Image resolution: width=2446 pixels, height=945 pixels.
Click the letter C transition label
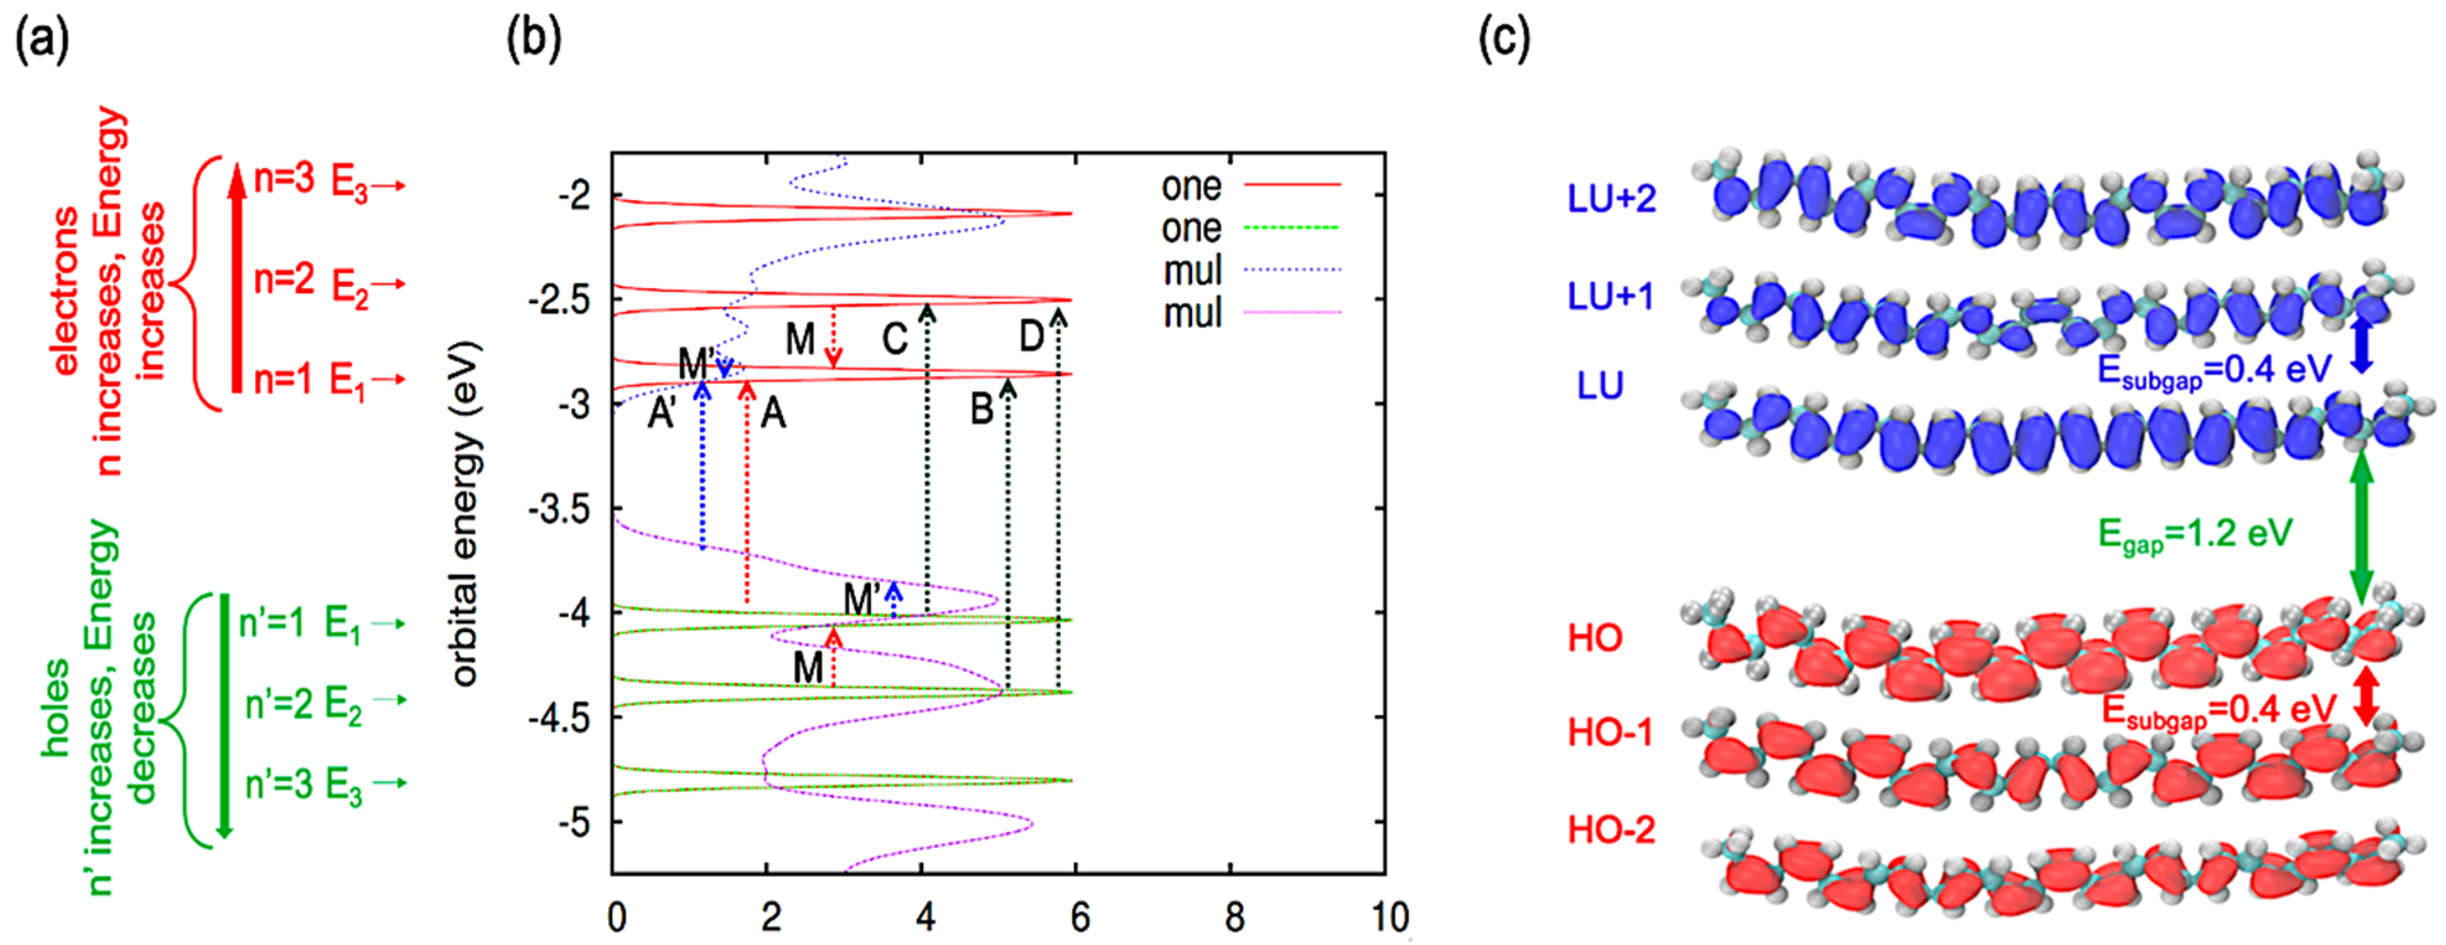(x=895, y=337)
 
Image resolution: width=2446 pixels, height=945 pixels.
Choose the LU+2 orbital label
(x=1611, y=198)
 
